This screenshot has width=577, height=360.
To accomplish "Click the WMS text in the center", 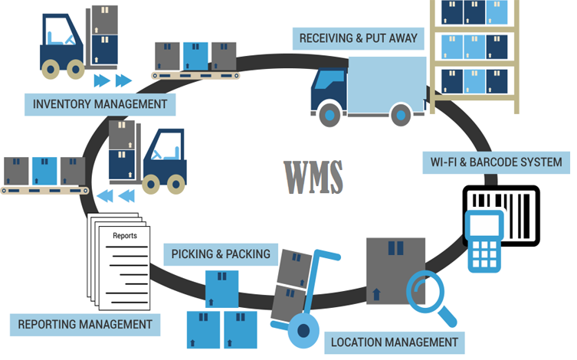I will click(x=313, y=177).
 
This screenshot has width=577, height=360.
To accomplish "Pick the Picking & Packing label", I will click(x=221, y=254).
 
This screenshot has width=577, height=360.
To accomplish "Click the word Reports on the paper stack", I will click(x=125, y=236).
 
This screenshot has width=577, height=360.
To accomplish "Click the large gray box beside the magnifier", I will click(x=395, y=267).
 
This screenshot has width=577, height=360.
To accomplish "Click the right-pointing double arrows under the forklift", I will click(x=111, y=80).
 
